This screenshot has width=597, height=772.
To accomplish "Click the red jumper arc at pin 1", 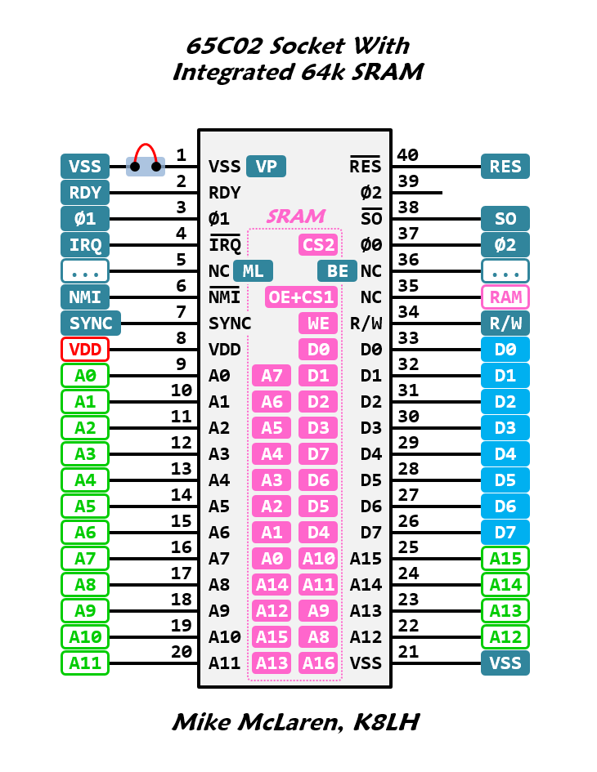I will pyautogui.click(x=146, y=149).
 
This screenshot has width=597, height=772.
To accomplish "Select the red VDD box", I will pyautogui.click(x=85, y=350).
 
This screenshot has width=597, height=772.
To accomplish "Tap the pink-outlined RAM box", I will pyautogui.click(x=505, y=297).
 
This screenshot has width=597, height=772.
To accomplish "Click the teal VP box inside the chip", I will pyautogui.click(x=267, y=167).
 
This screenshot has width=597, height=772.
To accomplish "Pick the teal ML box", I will pyautogui.click(x=254, y=271).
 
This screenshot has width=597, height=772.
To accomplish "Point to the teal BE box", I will pyautogui.click(x=337, y=271).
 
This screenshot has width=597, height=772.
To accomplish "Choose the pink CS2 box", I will pyautogui.click(x=318, y=245).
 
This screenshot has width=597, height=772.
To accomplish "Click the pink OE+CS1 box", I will pyautogui.click(x=301, y=297).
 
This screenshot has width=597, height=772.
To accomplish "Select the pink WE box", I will pyautogui.click(x=318, y=324).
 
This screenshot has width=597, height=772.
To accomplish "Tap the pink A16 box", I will pyautogui.click(x=318, y=663).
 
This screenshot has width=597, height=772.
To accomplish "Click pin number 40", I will pyautogui.click(x=407, y=154).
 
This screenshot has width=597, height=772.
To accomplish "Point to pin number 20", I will pyautogui.click(x=182, y=651).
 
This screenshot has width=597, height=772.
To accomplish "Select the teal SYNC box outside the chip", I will pyautogui.click(x=91, y=324).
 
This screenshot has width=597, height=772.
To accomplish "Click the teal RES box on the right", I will pyautogui.click(x=505, y=167).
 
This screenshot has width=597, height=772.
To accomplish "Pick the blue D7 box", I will pyautogui.click(x=505, y=533).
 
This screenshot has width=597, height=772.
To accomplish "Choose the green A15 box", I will pyautogui.click(x=505, y=559).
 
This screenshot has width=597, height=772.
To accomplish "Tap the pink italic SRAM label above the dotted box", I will pyautogui.click(x=295, y=216).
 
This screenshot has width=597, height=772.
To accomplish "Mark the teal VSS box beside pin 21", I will pyautogui.click(x=505, y=663).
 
